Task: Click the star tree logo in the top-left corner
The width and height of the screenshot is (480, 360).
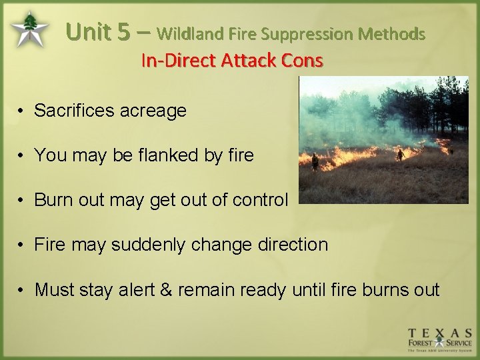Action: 29,29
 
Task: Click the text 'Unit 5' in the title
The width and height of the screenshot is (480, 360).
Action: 98,31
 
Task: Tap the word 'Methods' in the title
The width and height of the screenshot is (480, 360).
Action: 391,33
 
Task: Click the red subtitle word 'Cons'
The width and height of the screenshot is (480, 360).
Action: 302,61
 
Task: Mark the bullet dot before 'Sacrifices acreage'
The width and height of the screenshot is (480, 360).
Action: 22,111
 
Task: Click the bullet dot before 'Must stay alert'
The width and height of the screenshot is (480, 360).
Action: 22,290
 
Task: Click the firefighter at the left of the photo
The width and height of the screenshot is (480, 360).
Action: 314,161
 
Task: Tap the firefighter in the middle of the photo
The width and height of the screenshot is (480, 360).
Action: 400,155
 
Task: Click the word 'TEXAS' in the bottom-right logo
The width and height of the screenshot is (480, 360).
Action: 440,333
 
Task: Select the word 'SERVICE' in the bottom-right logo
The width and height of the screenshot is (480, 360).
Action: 459,343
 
